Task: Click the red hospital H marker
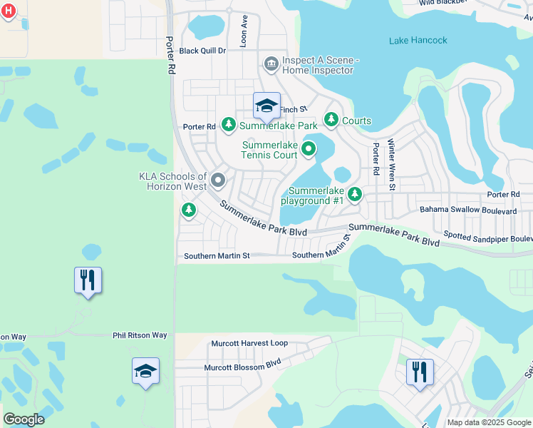[x=9, y=11]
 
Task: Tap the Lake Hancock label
[x=418, y=41]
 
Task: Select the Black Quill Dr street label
[x=202, y=51]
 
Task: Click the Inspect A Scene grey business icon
[x=271, y=65]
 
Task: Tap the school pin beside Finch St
[x=266, y=106]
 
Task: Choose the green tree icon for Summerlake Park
[x=228, y=126]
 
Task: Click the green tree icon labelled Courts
[x=331, y=120]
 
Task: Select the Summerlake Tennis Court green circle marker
[x=309, y=149]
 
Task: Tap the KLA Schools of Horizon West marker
[x=218, y=180]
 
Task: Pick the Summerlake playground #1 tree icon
[x=354, y=194]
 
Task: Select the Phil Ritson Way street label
[x=140, y=335]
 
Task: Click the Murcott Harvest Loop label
[x=249, y=343]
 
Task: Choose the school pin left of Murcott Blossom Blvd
[x=145, y=371]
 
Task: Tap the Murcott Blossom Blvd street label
[x=243, y=364]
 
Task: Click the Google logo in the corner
[x=24, y=419]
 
